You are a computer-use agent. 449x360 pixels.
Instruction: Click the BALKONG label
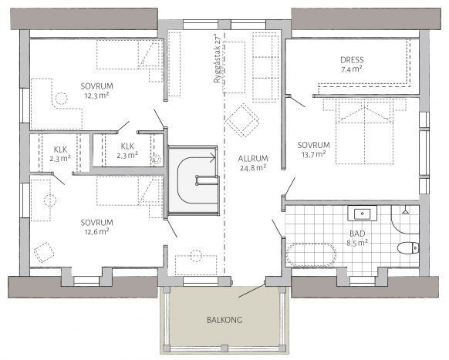[224, 320]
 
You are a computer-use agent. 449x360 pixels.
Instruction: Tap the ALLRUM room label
[253, 159]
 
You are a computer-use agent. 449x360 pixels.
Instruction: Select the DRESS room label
[352, 60]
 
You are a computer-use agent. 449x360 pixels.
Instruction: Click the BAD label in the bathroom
[357, 234]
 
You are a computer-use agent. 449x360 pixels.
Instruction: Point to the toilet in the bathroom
[408, 247]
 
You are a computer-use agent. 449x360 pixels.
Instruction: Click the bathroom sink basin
[363, 214]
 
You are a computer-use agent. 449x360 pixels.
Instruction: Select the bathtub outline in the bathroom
[311, 254]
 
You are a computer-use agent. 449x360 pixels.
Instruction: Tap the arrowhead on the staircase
[212, 158]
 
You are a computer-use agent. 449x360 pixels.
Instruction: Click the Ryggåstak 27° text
[217, 59]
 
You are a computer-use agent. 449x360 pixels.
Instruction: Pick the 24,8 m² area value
[253, 168]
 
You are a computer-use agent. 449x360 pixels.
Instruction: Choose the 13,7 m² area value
[313, 154]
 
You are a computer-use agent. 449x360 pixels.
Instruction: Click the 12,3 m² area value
[96, 96]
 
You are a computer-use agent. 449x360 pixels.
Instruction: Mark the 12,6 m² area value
[96, 231]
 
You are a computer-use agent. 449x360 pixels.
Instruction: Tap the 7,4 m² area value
[352, 69]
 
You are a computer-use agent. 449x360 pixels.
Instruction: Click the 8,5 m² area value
[357, 244]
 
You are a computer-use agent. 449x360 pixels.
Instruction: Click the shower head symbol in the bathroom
[405, 211]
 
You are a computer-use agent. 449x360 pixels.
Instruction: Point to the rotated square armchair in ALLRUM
[242, 120]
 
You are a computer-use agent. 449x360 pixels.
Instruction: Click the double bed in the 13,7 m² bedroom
[365, 132]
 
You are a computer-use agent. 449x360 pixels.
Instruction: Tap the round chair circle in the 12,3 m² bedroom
[61, 99]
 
